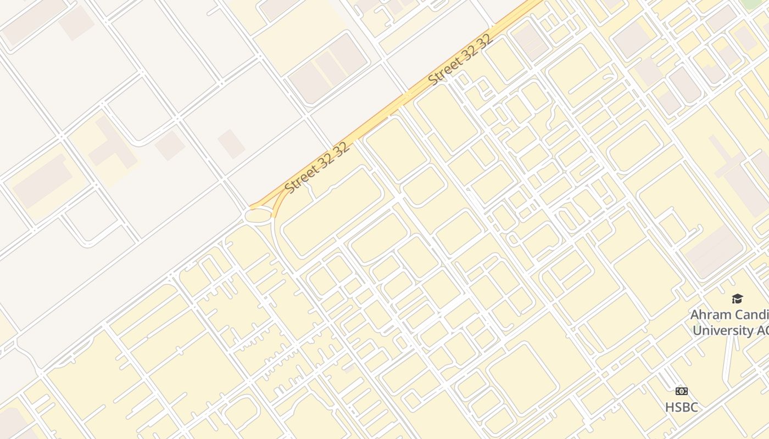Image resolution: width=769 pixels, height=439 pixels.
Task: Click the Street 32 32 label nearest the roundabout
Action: point(317,168)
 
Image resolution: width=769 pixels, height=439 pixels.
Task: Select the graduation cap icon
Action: point(737,299)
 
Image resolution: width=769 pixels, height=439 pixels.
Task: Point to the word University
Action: point(723,330)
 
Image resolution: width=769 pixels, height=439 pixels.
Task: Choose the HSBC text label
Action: point(682,407)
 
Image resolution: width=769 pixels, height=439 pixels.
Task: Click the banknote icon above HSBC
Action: point(682,391)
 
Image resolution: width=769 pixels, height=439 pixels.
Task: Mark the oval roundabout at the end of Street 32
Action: point(259,216)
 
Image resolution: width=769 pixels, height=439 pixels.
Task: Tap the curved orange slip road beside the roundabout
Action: point(276,206)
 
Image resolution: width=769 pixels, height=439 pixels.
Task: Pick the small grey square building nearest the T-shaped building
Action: point(170,145)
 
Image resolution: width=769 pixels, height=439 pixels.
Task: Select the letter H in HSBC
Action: point(670,407)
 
